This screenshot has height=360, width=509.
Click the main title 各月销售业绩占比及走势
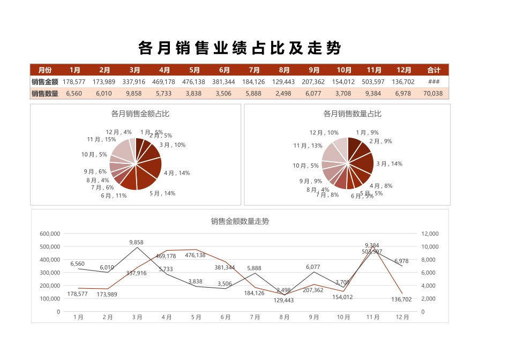click(x=239, y=48)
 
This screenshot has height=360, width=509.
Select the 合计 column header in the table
click(x=433, y=70)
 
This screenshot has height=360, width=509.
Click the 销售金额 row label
click(x=44, y=82)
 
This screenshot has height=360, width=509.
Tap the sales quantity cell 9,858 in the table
click(x=134, y=94)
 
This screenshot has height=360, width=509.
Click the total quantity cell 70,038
click(x=433, y=94)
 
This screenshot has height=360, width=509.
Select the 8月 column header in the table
click(x=284, y=70)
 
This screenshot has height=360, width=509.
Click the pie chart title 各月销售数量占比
click(x=353, y=114)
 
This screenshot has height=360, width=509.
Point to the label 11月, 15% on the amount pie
click(x=101, y=139)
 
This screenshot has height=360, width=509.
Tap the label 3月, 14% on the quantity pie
click(x=389, y=164)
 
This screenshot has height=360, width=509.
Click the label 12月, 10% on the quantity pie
click(x=324, y=132)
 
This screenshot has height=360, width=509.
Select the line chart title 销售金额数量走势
click(x=239, y=221)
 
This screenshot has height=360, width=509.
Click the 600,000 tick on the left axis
click(x=50, y=234)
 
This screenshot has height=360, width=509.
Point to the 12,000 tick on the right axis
click(x=430, y=234)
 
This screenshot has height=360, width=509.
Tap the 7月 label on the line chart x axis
click(x=254, y=317)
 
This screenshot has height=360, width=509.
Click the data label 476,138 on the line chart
click(x=196, y=256)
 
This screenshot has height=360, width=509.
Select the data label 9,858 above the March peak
click(x=137, y=242)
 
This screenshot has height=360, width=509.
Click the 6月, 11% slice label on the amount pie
click(x=114, y=196)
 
